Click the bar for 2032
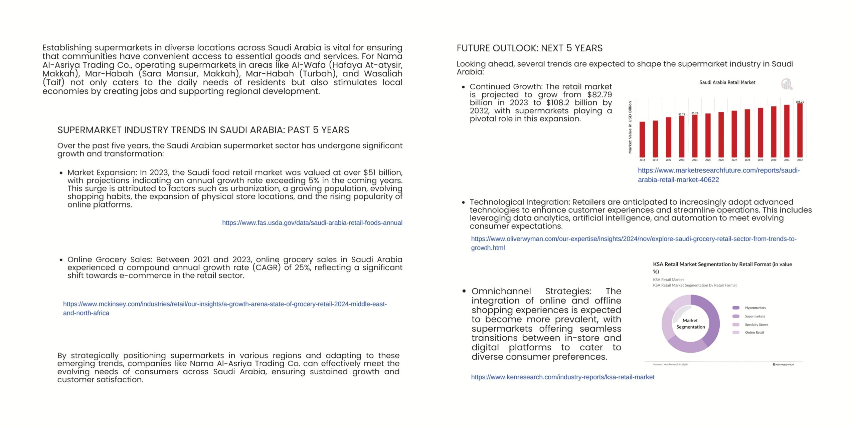click(800, 130)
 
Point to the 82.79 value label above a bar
click(681, 114)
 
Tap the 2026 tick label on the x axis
click(721, 160)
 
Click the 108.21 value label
click(800, 101)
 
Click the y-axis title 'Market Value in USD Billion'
click(630, 127)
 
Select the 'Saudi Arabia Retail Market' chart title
click(727, 82)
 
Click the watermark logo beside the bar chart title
click(787, 84)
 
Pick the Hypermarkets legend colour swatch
click(736, 308)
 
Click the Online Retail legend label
click(754, 332)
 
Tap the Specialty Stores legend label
click(756, 325)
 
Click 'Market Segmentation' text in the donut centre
click(690, 324)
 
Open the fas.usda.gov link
click(312, 223)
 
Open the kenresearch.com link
click(562, 377)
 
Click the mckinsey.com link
click(224, 304)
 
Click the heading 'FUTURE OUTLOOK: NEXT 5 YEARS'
click(529, 48)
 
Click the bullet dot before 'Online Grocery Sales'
click(61, 260)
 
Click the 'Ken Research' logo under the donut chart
click(783, 365)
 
